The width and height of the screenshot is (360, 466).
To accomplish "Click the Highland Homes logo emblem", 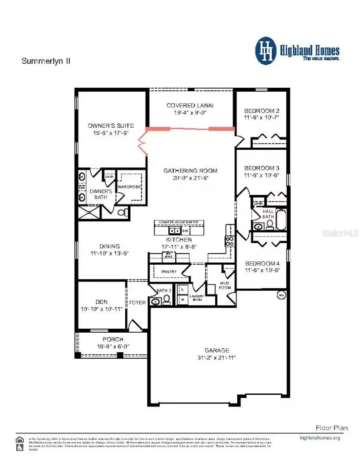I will tap(266, 51).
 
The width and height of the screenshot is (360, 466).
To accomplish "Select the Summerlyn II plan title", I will tap(46, 61).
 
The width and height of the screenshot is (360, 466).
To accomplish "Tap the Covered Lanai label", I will tap(190, 105).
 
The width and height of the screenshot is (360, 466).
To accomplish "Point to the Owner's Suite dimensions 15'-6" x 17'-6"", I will tap(110, 133).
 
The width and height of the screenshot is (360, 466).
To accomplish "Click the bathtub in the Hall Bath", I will tap(281, 220).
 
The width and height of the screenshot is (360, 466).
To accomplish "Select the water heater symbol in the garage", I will tap(281, 295).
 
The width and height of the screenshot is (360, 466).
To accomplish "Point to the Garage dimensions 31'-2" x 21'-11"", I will tap(218, 357).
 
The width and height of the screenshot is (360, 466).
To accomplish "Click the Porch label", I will tap(113, 339).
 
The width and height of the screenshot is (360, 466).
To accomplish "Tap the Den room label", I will tap(102, 302).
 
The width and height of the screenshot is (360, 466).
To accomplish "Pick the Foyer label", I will tap(137, 303).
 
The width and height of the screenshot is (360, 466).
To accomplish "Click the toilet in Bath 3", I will tap(166, 301).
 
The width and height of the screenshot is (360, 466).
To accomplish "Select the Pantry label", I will tap(169, 272).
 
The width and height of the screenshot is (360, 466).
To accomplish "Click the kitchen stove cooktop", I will tap(230, 241).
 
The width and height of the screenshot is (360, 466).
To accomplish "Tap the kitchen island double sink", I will tap(175, 231).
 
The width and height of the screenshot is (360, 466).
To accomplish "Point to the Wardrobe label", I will tap(128, 187).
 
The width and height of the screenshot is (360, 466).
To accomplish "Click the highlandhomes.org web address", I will tap(320, 438).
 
